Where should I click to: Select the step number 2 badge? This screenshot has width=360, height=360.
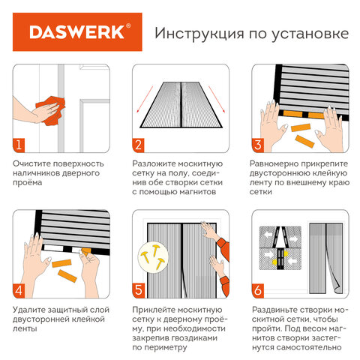coord(139,144)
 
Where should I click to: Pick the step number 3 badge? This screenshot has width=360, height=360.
coord(257,144)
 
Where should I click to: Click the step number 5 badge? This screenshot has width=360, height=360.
coord(139,289)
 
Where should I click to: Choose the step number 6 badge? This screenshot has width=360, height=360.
coord(257,289)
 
